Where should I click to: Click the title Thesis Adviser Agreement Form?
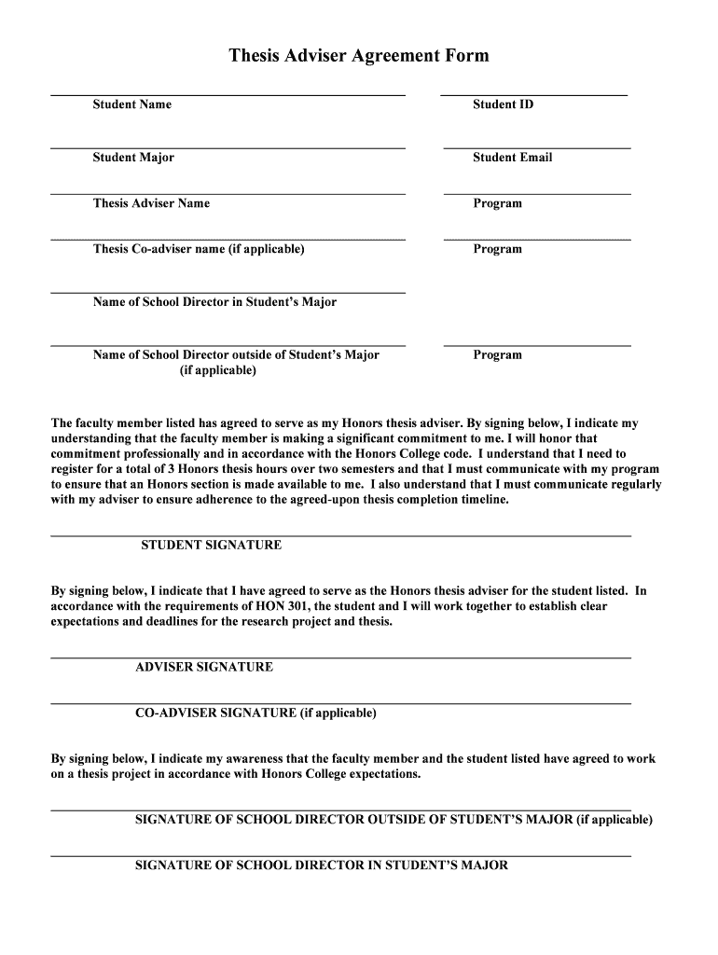click(359, 56)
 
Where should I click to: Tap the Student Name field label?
click(131, 104)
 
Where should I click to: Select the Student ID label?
click(503, 104)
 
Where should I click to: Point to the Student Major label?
click(133, 158)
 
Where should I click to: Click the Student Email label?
click(512, 158)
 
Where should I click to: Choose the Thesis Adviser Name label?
click(151, 203)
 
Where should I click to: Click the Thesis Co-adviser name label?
click(199, 249)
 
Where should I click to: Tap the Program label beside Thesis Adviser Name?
click(497, 203)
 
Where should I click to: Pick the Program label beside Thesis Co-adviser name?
click(497, 249)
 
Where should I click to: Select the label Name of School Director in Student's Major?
click(214, 302)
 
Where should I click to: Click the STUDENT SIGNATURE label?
click(211, 546)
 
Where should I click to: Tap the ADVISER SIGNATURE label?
click(204, 668)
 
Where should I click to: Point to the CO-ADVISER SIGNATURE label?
click(255, 713)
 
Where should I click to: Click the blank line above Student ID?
click(533, 95)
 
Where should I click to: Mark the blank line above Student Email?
click(537, 148)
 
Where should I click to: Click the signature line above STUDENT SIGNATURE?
click(340, 536)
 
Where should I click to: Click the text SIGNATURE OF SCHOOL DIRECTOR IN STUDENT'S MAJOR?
click(322, 865)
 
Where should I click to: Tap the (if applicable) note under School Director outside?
click(217, 370)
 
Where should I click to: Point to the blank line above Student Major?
click(228, 148)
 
